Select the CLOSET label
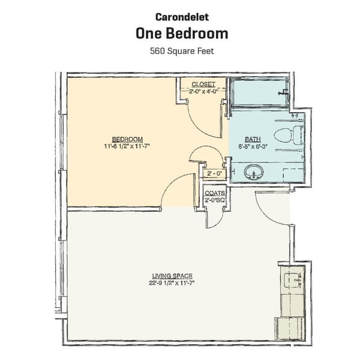tap(203, 84)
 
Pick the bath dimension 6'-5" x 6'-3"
tap(251, 145)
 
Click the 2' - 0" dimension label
tap(213, 174)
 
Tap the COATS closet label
tap(214, 193)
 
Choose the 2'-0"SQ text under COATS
tap(214, 200)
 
